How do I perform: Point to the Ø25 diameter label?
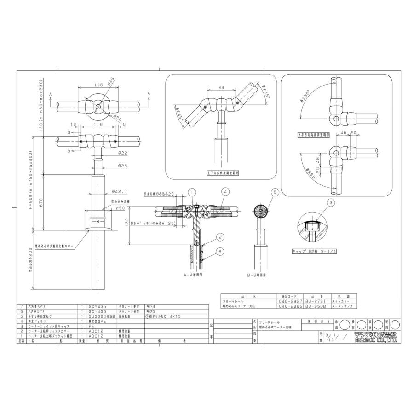coord(122,166)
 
